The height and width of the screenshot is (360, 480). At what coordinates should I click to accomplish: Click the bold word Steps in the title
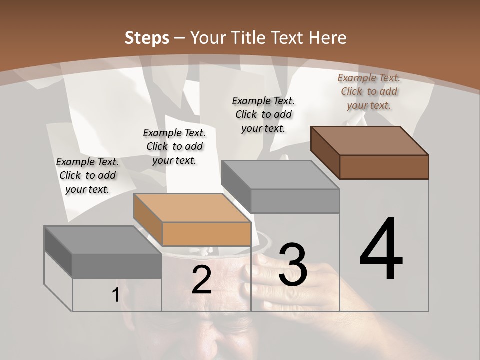pyautogui.click(x=147, y=38)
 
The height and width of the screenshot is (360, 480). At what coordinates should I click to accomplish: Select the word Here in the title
pyautogui.click(x=327, y=38)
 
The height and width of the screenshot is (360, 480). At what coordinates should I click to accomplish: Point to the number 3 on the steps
pyautogui.click(x=292, y=265)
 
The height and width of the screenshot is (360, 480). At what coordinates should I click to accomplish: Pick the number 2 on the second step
pyautogui.click(x=201, y=280)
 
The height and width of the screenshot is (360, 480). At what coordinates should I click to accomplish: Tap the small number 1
pyautogui.click(x=115, y=295)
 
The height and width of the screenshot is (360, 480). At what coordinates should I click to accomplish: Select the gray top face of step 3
pyautogui.click(x=280, y=175)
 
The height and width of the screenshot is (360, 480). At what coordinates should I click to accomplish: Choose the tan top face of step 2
pyautogui.click(x=192, y=208)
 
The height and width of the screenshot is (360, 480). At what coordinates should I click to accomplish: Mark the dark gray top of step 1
pyautogui.click(x=103, y=240)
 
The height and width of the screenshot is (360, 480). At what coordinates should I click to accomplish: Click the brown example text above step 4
pyautogui.click(x=369, y=91)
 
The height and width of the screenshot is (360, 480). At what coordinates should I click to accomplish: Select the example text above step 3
pyautogui.click(x=263, y=114)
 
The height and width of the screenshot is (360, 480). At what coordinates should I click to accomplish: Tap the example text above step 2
pyautogui.click(x=174, y=146)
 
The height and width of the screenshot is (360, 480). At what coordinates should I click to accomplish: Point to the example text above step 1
pyautogui.click(x=87, y=175)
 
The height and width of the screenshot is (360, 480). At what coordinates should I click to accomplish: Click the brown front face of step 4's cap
pyautogui.click(x=384, y=167)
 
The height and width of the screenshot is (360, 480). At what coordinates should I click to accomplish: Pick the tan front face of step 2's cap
pyautogui.click(x=206, y=234)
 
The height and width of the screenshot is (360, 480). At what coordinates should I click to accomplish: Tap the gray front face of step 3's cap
pyautogui.click(x=295, y=201)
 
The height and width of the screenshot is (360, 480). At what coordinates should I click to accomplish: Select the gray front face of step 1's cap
pyautogui.click(x=117, y=266)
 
